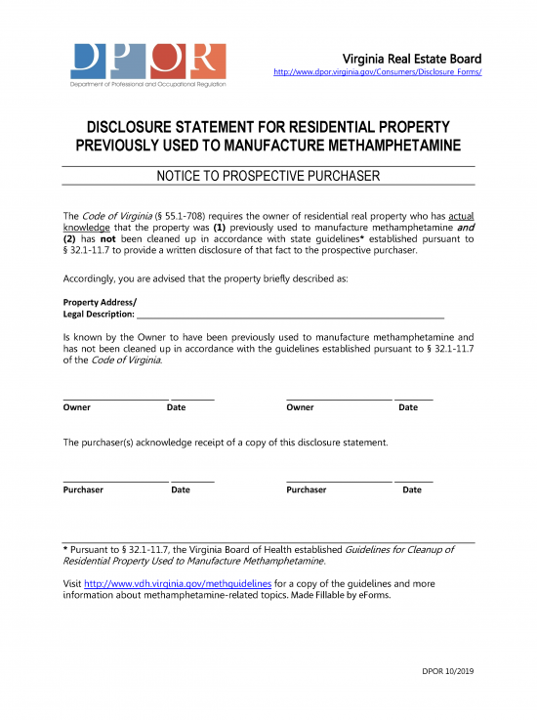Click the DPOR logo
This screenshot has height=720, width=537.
[147, 64]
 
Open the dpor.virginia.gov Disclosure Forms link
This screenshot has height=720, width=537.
[377, 72]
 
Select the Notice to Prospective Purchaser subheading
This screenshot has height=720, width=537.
[268, 176]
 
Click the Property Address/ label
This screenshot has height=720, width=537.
[100, 301]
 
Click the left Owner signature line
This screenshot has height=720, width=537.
[115, 398]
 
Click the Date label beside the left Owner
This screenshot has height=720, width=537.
[176, 407]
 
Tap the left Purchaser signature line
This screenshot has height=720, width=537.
[115, 480]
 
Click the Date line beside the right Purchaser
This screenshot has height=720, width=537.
[413, 480]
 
